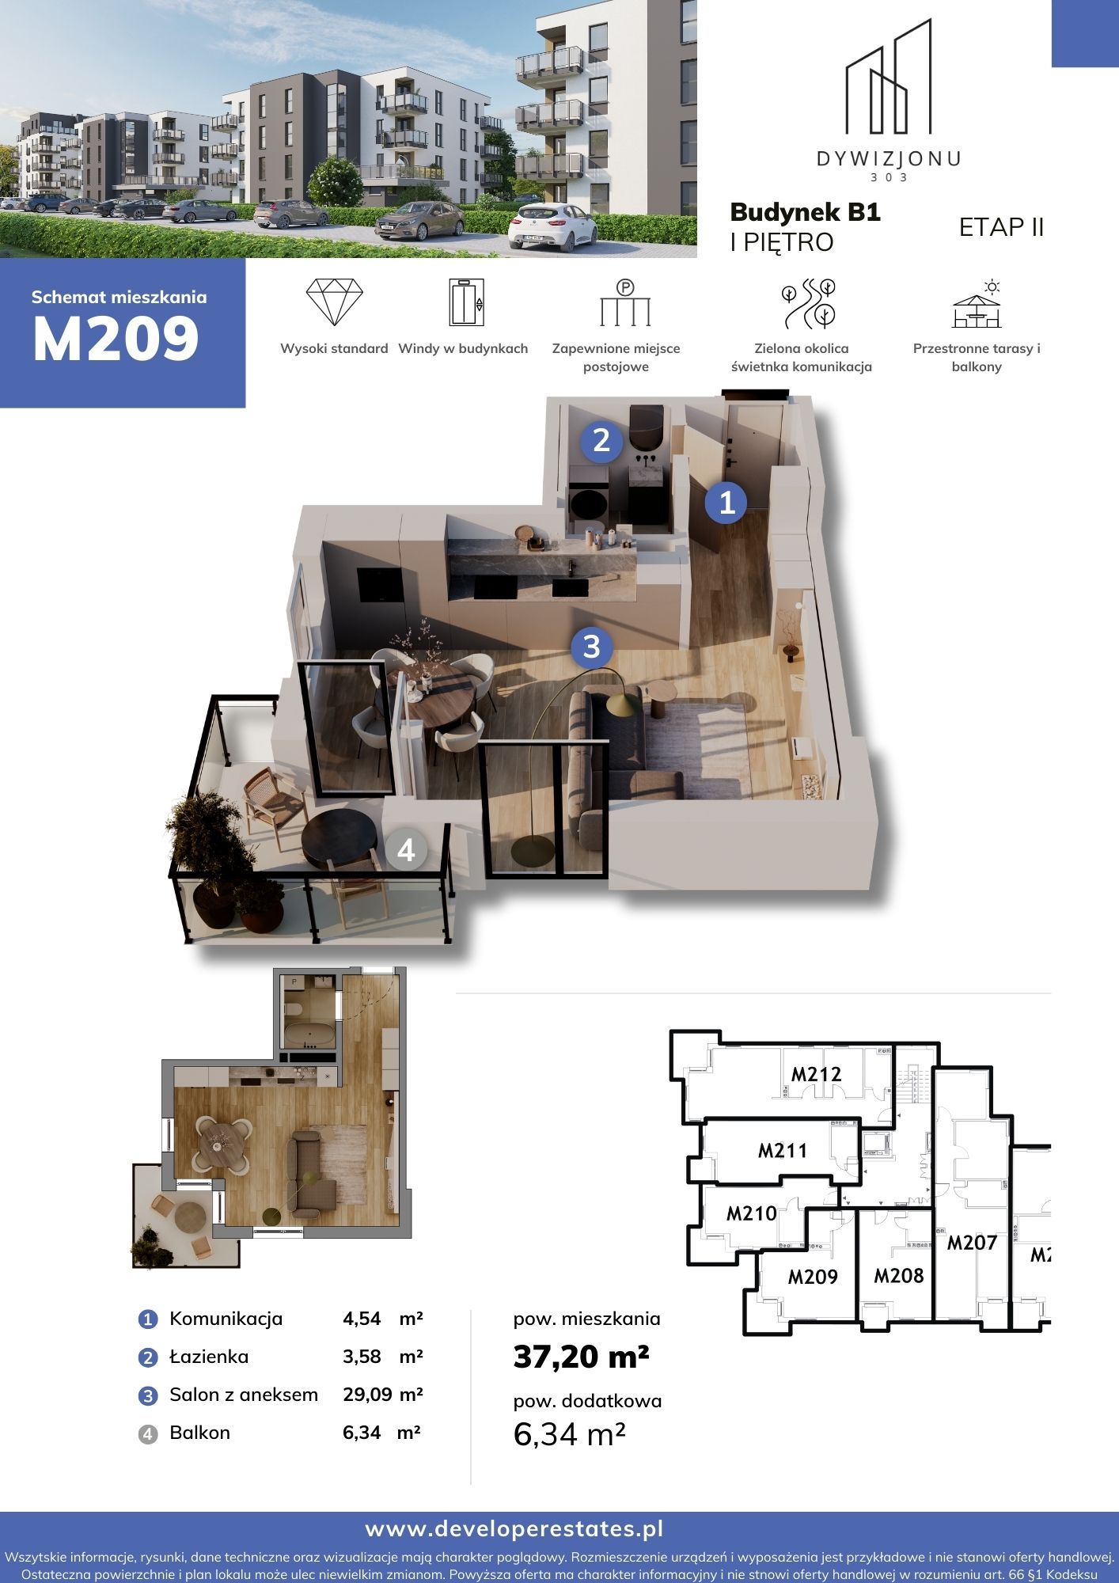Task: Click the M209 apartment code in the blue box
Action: (x=116, y=339)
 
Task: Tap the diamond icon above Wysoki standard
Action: (x=334, y=302)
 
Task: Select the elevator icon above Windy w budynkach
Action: (x=466, y=302)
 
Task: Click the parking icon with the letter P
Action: (x=625, y=302)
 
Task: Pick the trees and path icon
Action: (x=809, y=303)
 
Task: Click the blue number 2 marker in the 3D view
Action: (x=601, y=440)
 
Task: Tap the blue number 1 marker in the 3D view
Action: (x=726, y=502)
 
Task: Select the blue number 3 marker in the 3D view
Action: (x=592, y=647)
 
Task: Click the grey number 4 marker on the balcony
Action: (x=406, y=850)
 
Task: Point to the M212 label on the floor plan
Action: (x=816, y=1074)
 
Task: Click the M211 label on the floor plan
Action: (x=783, y=1150)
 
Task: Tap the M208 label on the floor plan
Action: (x=898, y=1275)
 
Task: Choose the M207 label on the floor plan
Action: (x=972, y=1243)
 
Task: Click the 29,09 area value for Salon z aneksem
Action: (x=367, y=1395)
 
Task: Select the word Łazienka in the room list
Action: (x=209, y=1357)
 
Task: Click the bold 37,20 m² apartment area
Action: (x=581, y=1357)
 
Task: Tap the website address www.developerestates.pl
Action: (x=514, y=1529)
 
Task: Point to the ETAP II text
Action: (x=1001, y=227)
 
